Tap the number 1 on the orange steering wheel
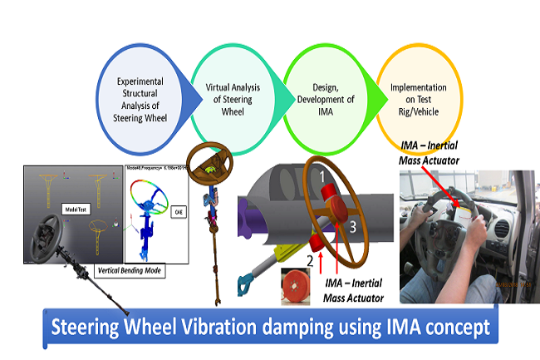(x=316, y=177)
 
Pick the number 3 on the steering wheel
(x=353, y=225)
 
